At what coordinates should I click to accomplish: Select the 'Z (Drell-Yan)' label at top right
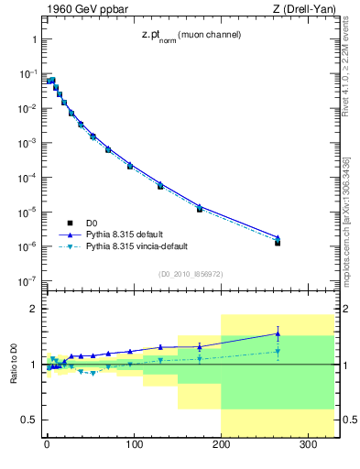click(300, 10)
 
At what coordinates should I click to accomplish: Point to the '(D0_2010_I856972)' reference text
click(189, 273)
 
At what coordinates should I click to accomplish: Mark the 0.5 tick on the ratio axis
click(27, 420)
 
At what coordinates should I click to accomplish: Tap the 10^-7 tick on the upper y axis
click(26, 281)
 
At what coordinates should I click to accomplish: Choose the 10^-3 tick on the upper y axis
click(26, 143)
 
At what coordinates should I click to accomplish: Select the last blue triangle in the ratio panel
click(278, 333)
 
